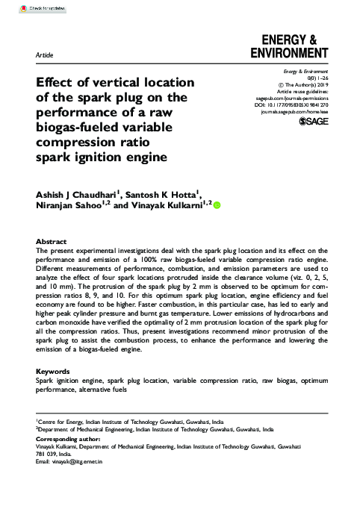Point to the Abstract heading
click(52, 242)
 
